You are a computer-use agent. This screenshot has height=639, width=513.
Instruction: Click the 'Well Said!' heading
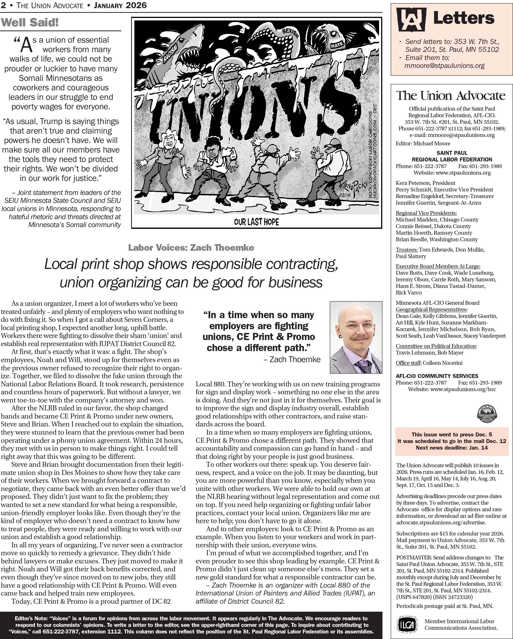pyautogui.click(x=30, y=23)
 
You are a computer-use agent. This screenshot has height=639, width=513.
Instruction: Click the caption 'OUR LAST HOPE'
pyautogui.click(x=256, y=222)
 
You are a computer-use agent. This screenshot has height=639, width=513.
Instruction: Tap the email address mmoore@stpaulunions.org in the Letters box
pyautogui.click(x=444, y=66)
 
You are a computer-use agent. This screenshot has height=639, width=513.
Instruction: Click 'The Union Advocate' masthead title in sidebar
pyautogui.click(x=451, y=95)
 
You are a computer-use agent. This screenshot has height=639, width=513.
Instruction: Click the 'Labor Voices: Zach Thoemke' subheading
pyautogui.click(x=191, y=248)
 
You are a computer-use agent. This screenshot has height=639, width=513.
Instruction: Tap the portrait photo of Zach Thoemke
pyautogui.click(x=356, y=337)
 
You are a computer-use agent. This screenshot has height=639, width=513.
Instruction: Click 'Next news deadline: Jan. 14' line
pyautogui.click(x=452, y=448)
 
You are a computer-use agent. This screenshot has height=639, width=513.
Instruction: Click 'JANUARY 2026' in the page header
pyautogui.click(x=120, y=5)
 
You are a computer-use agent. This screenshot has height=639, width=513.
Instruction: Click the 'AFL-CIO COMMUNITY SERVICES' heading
pyautogui.click(x=437, y=376)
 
